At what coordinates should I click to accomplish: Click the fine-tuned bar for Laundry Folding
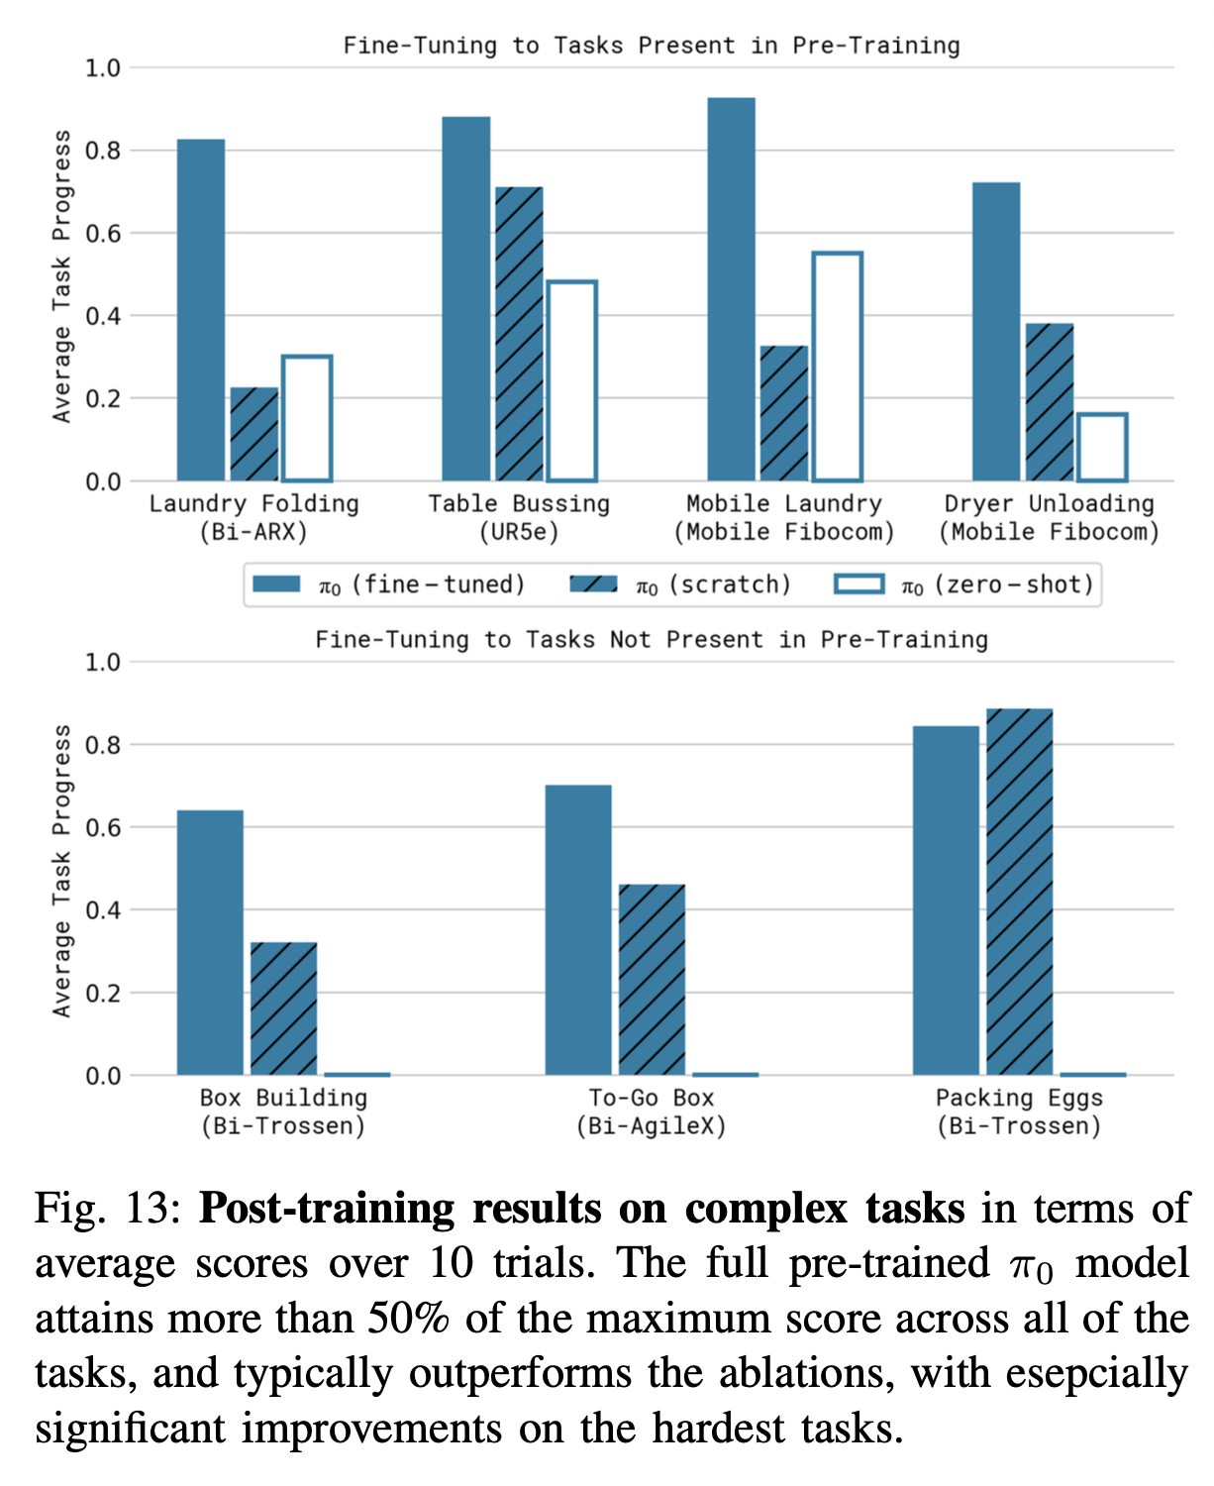pyautogui.click(x=201, y=309)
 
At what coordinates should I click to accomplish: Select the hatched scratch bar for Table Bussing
pyautogui.click(x=519, y=333)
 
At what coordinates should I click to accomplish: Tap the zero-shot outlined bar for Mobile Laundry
pyautogui.click(x=838, y=367)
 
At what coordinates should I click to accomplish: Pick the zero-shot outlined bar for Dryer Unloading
pyautogui.click(x=1103, y=447)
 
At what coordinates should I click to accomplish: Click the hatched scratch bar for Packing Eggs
pyautogui.click(x=1019, y=892)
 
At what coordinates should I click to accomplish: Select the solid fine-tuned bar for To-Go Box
pyautogui.click(x=578, y=929)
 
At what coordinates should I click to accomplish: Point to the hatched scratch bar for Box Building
pyautogui.click(x=284, y=1008)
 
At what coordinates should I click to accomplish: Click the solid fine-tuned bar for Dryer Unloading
pyautogui.click(x=996, y=331)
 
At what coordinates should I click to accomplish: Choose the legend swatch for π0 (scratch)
pyautogui.click(x=593, y=584)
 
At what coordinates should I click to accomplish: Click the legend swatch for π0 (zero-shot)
pyautogui.click(x=860, y=584)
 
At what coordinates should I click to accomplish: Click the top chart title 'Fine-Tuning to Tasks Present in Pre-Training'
pyautogui.click(x=652, y=46)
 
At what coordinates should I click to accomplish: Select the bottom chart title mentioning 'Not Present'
pyautogui.click(x=652, y=639)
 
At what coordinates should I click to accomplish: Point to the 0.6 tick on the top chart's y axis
pyautogui.click(x=103, y=233)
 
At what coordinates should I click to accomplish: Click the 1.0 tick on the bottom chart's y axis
pyautogui.click(x=103, y=663)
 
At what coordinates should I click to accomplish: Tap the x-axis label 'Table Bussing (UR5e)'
pyautogui.click(x=519, y=517)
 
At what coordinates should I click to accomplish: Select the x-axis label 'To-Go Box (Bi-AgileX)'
pyautogui.click(x=652, y=1112)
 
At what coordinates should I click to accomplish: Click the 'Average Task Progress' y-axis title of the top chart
pyautogui.click(x=62, y=276)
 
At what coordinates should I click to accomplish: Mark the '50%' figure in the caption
pyautogui.click(x=408, y=1319)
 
